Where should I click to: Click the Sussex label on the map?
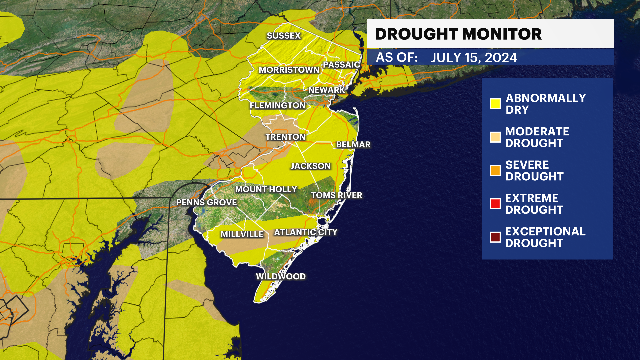(x=284, y=36)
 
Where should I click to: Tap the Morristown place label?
(x=289, y=70)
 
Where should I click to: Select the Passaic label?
(x=341, y=65)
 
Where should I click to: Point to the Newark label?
(x=326, y=90)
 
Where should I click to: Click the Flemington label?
(x=278, y=106)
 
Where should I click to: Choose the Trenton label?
(x=285, y=137)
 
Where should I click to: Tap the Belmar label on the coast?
(x=353, y=145)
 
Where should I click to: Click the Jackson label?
(x=310, y=166)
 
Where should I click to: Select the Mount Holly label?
(x=266, y=189)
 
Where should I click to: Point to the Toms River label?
(x=336, y=195)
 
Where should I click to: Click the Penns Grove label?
(x=206, y=202)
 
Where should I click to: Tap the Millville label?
(x=242, y=234)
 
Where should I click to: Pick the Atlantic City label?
(x=306, y=232)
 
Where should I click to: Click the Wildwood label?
(x=281, y=276)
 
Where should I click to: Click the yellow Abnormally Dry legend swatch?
(x=495, y=104)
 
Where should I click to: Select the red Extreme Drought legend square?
(x=495, y=204)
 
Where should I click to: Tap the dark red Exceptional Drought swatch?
(x=495, y=237)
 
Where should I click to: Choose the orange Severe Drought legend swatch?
(x=495, y=170)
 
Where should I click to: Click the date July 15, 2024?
(x=474, y=58)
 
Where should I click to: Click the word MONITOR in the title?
(x=502, y=34)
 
